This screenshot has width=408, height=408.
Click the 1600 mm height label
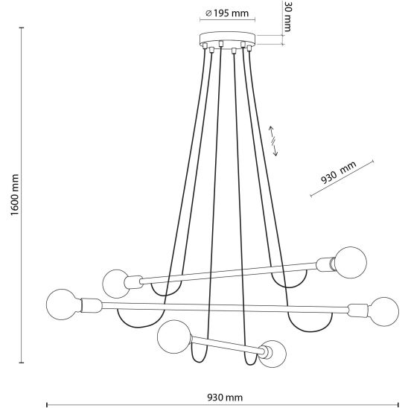click(x=14, y=194)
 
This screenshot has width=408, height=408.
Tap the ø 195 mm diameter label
click(x=227, y=13)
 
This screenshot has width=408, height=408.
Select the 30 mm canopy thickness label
click(x=287, y=16)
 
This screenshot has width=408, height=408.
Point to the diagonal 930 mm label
click(x=338, y=172)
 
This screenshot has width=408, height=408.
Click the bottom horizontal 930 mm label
click(x=225, y=398)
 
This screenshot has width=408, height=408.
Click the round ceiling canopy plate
click(x=227, y=38)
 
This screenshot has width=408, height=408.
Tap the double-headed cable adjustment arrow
click(x=273, y=141)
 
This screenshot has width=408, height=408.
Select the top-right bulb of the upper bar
click(x=351, y=262)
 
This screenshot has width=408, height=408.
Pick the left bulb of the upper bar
click(x=116, y=284)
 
